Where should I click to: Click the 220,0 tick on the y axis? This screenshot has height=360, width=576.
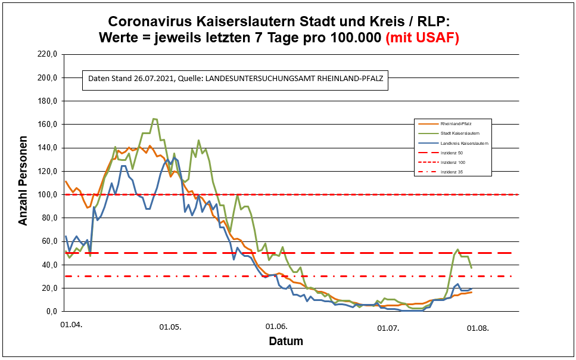point(46,54)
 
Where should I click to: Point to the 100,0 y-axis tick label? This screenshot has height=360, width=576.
point(46,194)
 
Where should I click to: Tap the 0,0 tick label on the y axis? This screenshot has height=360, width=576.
point(49,311)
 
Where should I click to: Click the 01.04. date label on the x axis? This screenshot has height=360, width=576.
point(71,325)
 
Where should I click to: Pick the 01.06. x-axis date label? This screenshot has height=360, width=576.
point(276,327)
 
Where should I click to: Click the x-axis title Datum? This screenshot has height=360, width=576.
point(286,342)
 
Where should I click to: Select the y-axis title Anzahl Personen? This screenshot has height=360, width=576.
point(23,182)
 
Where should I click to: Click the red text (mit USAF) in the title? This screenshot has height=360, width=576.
point(422,38)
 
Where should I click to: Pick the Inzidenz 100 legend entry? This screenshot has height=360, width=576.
point(452,162)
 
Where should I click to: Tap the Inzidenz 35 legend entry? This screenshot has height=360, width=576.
point(451,172)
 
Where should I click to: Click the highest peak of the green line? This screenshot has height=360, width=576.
point(154,119)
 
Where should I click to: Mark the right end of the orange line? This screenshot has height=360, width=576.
point(472,292)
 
